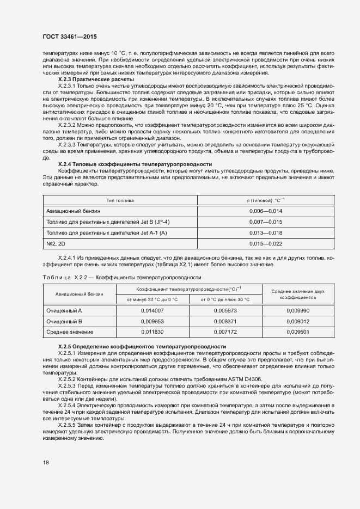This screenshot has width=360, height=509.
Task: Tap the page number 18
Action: pos(45,462)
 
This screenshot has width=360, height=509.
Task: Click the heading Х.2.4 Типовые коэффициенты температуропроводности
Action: pos(135,164)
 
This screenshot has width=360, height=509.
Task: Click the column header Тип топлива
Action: pos(120,200)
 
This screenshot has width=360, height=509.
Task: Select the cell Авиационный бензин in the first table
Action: pos(74,211)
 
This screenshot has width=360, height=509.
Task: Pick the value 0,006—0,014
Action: pos(265,211)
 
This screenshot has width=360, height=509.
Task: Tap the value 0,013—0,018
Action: pos(265,232)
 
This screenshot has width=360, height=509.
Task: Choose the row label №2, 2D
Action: pos(56,243)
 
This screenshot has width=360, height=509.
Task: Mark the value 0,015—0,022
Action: pos(265,243)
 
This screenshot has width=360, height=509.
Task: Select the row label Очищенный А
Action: pos(64,310)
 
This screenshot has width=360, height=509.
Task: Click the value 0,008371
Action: pos(225,321)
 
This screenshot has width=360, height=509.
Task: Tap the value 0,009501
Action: pos(298,332)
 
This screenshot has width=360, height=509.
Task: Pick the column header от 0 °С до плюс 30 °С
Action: pos(225,299)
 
